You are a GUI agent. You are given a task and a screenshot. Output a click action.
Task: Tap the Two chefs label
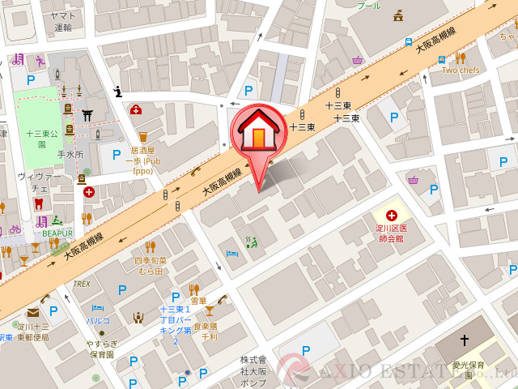[x=461, y=71]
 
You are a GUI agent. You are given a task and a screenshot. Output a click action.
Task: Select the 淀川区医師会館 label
[x=391, y=234]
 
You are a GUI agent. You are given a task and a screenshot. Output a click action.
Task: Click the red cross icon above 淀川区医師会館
[x=392, y=215]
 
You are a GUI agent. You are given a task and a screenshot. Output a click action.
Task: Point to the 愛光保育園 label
[x=469, y=370]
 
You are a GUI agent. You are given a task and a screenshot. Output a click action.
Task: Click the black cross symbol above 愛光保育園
[x=465, y=340]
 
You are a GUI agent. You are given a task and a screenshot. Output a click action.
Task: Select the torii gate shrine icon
[x=87, y=114]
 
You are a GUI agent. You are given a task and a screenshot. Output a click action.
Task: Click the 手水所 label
[x=70, y=154]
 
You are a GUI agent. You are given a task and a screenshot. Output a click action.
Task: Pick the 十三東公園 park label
[x=42, y=139]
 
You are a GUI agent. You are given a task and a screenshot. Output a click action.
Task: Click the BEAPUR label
[x=58, y=233]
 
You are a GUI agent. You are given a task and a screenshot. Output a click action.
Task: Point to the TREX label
[x=81, y=284]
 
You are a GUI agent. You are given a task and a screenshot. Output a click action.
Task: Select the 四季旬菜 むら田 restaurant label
[x=150, y=266]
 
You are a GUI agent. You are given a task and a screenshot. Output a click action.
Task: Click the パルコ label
[x=98, y=321]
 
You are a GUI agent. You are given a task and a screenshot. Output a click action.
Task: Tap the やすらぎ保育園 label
[x=102, y=348]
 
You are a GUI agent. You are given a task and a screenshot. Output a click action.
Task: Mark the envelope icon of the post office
[x=32, y=313]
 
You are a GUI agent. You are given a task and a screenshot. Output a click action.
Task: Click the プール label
[x=368, y=5]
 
